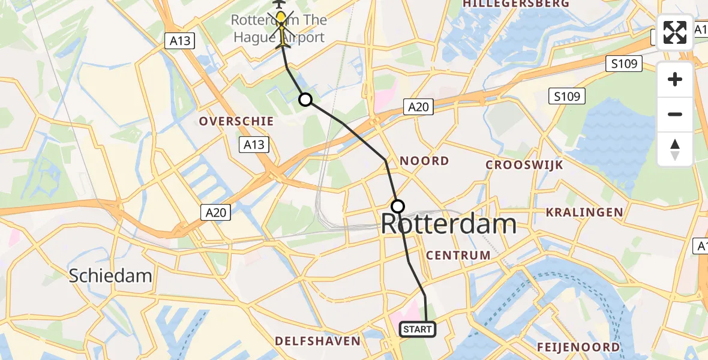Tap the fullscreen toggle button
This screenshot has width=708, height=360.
pyautogui.click(x=675, y=32)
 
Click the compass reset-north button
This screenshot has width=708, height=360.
pyautogui.click(x=675, y=149)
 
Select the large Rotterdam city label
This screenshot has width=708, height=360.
pyautogui.click(x=449, y=224)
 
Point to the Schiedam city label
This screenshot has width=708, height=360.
pyautogui.click(x=110, y=276)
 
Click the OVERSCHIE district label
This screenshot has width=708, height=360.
pyautogui.click(x=236, y=121)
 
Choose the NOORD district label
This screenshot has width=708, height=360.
pyautogui.click(x=424, y=161)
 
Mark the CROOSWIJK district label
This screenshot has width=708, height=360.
pyautogui.click(x=524, y=164)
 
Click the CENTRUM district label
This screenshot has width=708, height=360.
pyautogui.click(x=458, y=256)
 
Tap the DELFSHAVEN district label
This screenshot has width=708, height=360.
pyautogui.click(x=317, y=341)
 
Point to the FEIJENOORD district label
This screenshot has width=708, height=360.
pyautogui.click(x=578, y=347)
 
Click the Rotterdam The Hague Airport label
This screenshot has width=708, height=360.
pyautogui.click(x=278, y=29)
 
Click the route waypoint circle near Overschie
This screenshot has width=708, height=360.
pyautogui.click(x=305, y=100)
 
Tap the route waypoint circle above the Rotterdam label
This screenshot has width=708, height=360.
pyautogui.click(x=398, y=206)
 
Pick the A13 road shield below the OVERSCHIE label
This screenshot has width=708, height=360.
pyautogui.click(x=253, y=145)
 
